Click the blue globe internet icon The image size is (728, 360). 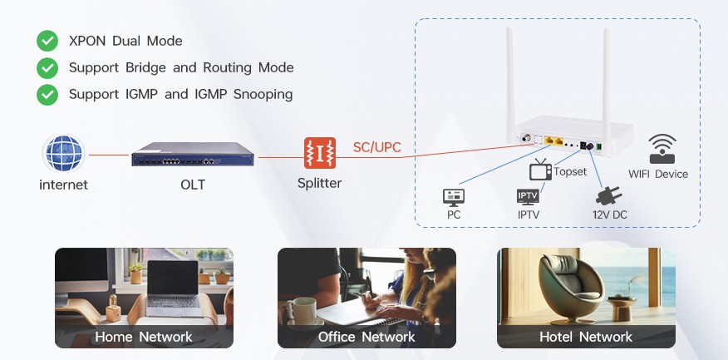point(64,154)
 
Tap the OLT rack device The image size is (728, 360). point(193,155)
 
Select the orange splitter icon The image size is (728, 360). point(320,153)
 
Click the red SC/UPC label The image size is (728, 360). point(377,147)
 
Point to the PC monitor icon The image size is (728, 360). point(454,198)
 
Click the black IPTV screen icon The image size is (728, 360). point(528,197)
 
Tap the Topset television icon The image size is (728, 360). point(540,170)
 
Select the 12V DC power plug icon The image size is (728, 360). point(608,195)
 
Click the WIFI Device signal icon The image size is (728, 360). point(662,149)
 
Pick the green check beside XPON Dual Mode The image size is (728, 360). point(47,41)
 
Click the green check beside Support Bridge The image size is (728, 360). point(47,68)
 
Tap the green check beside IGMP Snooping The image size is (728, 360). point(47,95)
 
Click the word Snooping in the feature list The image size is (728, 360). point(263,95)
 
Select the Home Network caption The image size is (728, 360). point(144,337)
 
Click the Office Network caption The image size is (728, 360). point(366,337)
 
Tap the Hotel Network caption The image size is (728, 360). point(586,337)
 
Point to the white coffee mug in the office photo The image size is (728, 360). point(303,312)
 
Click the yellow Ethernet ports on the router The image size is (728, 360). point(553,141)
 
